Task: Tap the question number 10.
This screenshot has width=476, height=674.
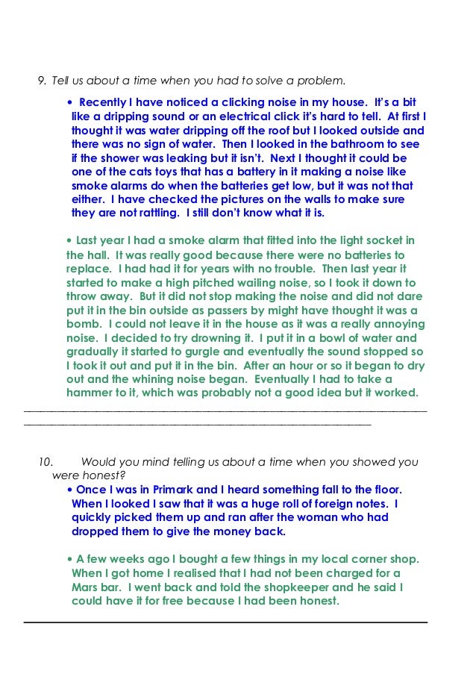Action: pyautogui.click(x=46, y=462)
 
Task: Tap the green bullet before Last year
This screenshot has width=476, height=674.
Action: pyautogui.click(x=69, y=240)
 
